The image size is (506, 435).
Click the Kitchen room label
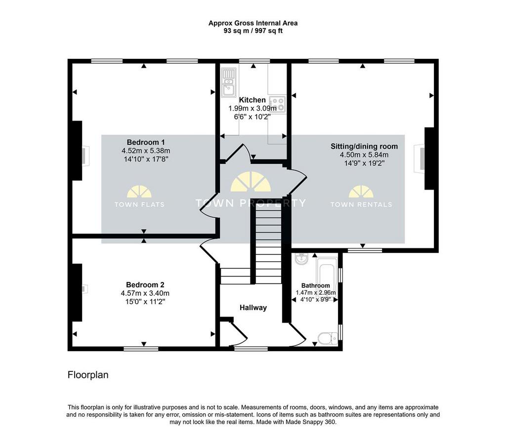253,100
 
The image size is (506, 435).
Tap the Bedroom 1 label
146,142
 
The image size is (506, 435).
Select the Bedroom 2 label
145,285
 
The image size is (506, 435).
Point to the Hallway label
253,308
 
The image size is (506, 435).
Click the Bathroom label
316,285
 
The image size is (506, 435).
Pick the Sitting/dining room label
364,146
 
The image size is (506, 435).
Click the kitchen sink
228,83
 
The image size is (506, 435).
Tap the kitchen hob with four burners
278,104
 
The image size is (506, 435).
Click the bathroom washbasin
302,259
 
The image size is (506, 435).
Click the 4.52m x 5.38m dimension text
146,151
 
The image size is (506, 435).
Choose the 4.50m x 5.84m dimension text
364,155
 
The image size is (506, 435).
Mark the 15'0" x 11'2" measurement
145,302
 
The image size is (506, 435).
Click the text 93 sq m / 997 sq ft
253,31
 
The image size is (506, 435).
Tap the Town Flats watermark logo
139,197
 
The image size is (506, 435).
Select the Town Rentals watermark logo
361,197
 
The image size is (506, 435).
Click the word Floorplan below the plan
88,375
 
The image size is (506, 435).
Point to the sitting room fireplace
419,158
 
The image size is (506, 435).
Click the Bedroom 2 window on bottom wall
141,349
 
